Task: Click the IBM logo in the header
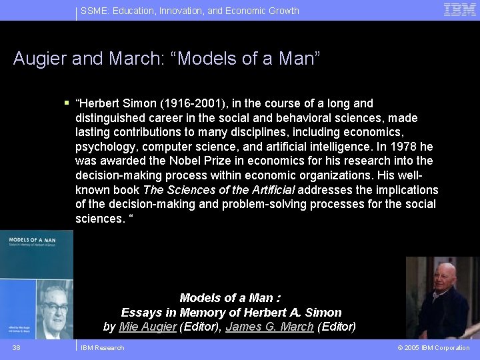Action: tap(460, 9)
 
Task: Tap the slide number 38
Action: tap(16, 348)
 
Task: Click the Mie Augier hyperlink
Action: tap(148, 327)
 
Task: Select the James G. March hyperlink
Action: tap(269, 327)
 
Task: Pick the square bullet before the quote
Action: tap(67, 103)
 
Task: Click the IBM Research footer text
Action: tap(102, 348)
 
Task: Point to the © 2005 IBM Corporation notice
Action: tap(433, 348)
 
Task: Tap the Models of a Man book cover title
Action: tap(29, 241)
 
